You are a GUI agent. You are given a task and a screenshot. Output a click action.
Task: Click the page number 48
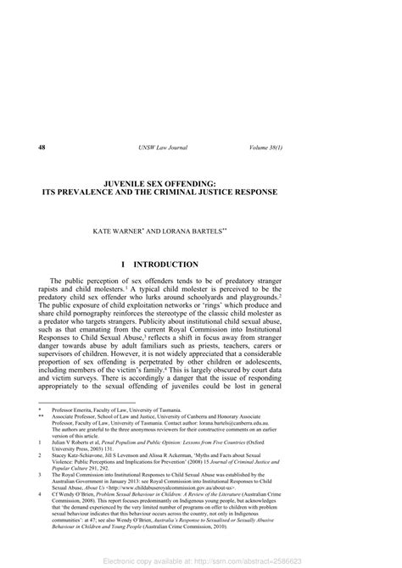[x=42, y=149]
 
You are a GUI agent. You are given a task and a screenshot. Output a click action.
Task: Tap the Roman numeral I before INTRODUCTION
[x=124, y=265]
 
